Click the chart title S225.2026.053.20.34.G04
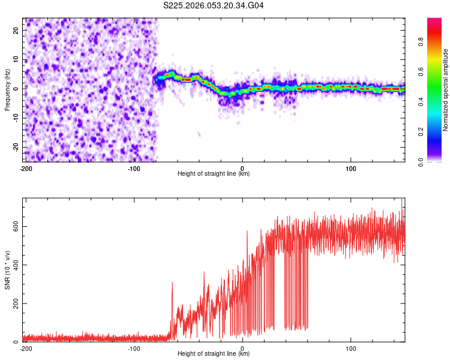tap(214, 6)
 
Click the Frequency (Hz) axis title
tap(7, 89)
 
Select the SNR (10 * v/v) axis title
tap(7, 270)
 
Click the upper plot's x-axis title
tap(214, 173)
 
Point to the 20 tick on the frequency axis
tap(16, 30)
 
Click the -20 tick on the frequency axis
tap(15, 147)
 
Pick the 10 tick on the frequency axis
tap(16, 59)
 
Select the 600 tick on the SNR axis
tap(14, 226)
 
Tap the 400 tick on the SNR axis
tap(14, 265)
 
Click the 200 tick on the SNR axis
tap(14, 304)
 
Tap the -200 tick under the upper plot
tap(26, 168)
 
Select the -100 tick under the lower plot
tap(134, 348)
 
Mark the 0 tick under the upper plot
tap(242, 168)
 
